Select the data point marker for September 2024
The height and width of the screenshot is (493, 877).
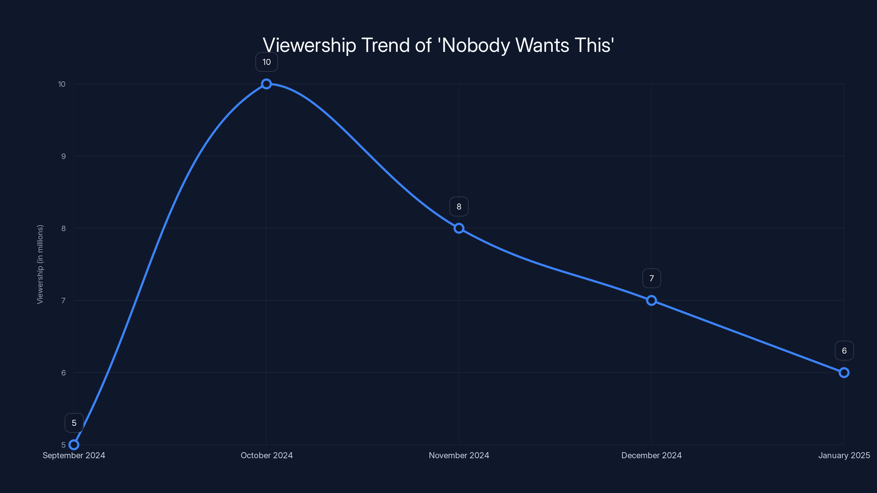click(74, 445)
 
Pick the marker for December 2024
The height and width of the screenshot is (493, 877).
click(651, 300)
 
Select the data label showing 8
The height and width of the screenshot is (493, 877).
click(459, 207)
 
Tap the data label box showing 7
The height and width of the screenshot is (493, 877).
click(651, 278)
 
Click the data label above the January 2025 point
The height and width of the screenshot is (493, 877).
click(844, 351)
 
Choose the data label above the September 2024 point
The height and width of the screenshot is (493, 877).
click(74, 423)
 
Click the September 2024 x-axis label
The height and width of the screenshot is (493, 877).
click(74, 455)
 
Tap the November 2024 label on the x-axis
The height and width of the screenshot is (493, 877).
click(459, 455)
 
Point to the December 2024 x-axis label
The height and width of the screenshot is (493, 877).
click(651, 455)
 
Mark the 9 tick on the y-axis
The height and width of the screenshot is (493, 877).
click(63, 156)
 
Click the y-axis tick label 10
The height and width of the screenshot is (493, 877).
click(62, 84)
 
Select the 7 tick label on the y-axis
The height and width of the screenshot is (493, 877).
click(63, 300)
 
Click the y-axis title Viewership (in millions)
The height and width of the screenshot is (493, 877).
click(40, 264)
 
